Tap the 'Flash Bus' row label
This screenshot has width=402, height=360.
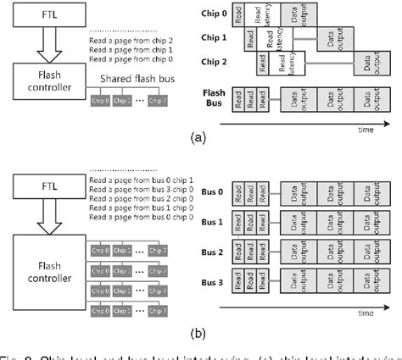(215, 98)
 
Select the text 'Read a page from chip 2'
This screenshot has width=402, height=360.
(126, 39)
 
